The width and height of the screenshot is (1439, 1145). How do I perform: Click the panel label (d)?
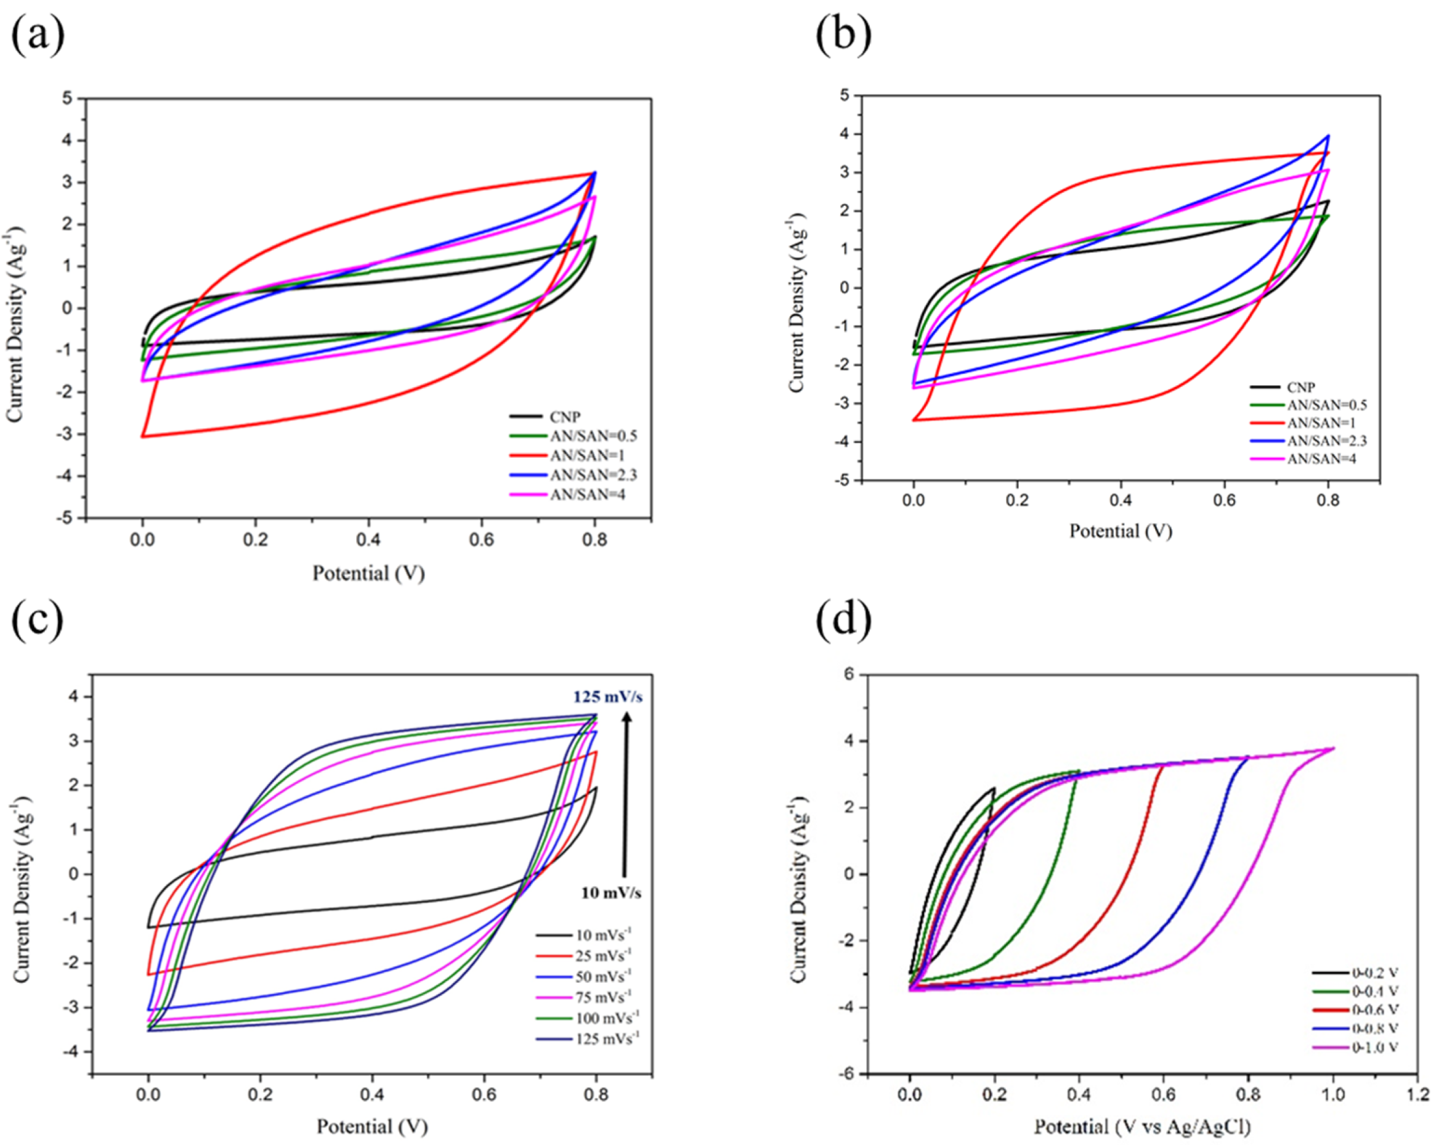coord(843,619)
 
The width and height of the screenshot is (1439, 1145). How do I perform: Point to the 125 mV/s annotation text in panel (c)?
coord(607,697)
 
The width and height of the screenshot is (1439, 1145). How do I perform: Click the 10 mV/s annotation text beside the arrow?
coord(610,892)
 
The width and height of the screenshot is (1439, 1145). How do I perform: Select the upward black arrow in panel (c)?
coord(626,794)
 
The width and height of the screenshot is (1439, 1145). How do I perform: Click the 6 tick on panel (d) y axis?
coord(848,674)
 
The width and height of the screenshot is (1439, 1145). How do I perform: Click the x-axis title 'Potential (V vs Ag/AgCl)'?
coord(1142,1127)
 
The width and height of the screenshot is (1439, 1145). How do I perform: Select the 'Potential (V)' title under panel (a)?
coord(368,574)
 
